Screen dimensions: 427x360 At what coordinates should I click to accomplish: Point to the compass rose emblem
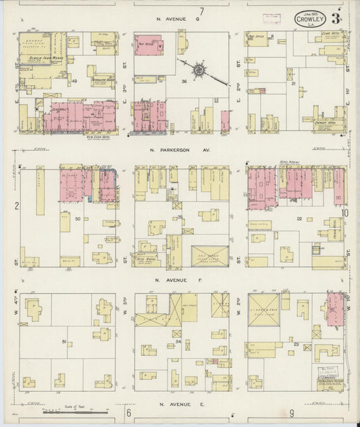[x=199, y=69]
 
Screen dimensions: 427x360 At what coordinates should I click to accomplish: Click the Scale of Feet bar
[x=74, y=411]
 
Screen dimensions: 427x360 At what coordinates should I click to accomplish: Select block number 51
[x=65, y=343]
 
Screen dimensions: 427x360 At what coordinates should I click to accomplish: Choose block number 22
[x=298, y=218]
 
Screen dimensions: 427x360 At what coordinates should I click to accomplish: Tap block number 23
[x=297, y=345]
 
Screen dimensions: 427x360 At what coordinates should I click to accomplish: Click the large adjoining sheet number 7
[x=202, y=11]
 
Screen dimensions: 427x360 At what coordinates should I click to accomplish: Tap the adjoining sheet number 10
[x=344, y=214]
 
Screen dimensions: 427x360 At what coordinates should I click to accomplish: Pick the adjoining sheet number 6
[x=127, y=411]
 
